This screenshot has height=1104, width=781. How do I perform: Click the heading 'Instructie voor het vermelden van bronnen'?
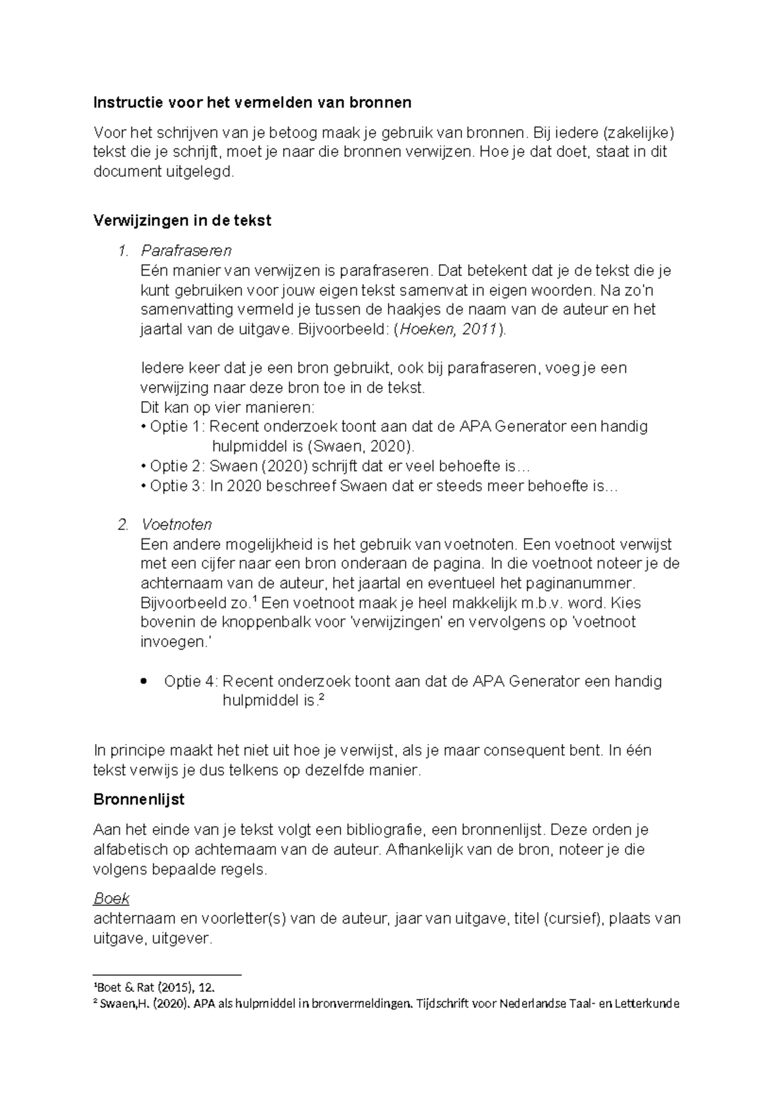(253, 102)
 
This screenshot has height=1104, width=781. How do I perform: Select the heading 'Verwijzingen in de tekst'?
(182, 220)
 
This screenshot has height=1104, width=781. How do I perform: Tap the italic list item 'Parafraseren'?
(186, 251)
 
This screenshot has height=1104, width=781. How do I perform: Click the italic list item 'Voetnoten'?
(176, 525)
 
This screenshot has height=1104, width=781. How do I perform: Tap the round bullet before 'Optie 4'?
(143, 682)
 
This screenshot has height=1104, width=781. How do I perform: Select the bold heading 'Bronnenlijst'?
(139, 799)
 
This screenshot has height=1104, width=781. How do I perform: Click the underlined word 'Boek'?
(111, 899)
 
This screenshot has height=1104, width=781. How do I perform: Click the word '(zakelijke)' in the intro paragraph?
(638, 133)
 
